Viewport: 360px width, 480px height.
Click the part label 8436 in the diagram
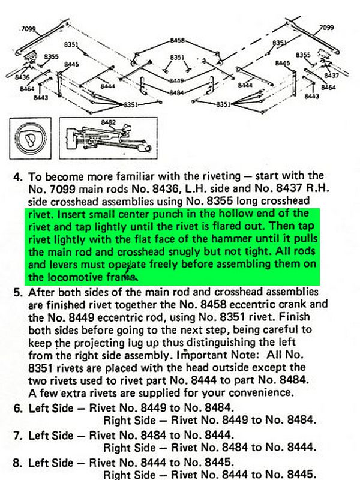click(22, 77)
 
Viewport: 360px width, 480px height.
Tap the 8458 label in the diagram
click(178, 41)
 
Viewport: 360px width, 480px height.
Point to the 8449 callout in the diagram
click(176, 80)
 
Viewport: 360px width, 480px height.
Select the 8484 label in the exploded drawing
click(176, 93)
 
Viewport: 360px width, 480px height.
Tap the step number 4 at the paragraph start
click(17, 177)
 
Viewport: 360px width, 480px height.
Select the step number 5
click(17, 293)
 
